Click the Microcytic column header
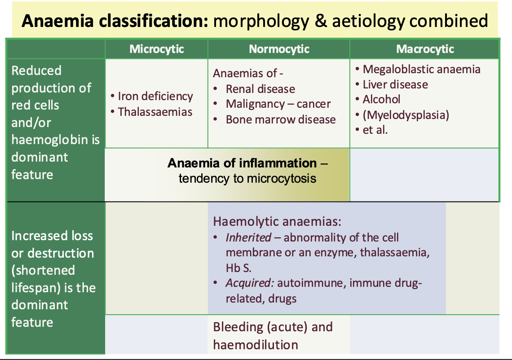(157, 49)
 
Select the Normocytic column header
(279, 49)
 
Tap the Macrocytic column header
(425, 49)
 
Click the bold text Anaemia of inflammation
(242, 163)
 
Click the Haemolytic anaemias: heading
(277, 222)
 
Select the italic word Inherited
(248, 237)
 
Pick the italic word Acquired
(250, 283)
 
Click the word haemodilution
(256, 345)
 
